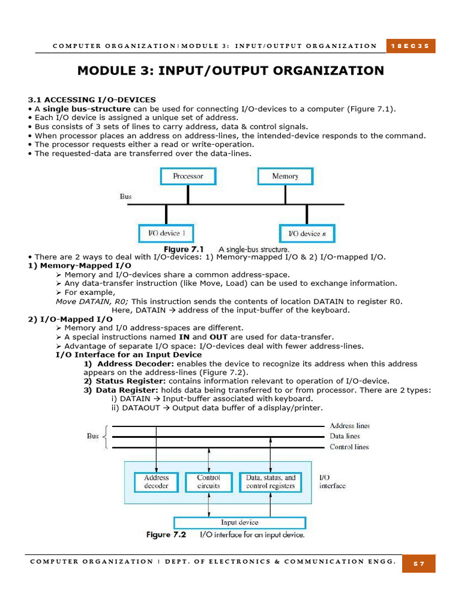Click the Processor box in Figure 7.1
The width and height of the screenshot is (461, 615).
click(188, 176)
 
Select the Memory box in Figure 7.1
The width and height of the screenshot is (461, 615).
click(285, 176)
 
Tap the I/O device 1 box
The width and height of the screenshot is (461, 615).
click(166, 233)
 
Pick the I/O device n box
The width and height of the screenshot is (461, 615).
click(307, 233)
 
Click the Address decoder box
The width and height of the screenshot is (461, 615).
click(156, 482)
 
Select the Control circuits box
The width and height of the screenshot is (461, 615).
click(208, 482)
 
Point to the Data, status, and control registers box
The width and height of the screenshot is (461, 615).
click(271, 482)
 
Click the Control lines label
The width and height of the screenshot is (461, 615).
click(349, 447)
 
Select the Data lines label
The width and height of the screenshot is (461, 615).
click(345, 436)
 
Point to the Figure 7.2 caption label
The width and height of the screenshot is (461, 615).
click(166, 535)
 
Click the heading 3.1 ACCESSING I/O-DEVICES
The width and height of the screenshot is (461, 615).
click(92, 100)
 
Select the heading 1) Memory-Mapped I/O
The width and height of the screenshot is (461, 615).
click(80, 265)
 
